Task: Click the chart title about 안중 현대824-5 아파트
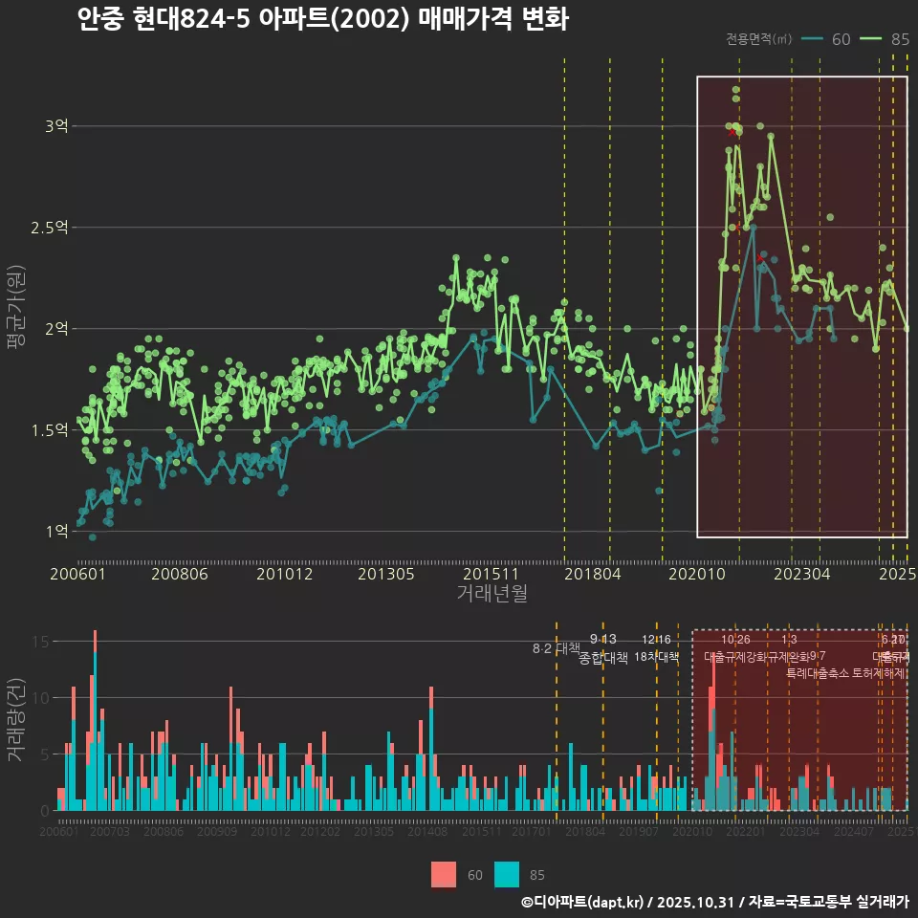[323, 19]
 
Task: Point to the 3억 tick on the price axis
[56, 126]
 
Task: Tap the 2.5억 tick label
[50, 228]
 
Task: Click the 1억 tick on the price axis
[56, 531]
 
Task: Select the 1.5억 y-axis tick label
[50, 429]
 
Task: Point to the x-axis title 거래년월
[492, 593]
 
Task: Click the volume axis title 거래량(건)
[16, 720]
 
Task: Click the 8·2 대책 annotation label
[557, 648]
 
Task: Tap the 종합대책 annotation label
[603, 658]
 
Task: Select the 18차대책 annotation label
[656, 657]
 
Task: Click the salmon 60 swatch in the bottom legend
[444, 874]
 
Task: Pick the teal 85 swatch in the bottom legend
[507, 874]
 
